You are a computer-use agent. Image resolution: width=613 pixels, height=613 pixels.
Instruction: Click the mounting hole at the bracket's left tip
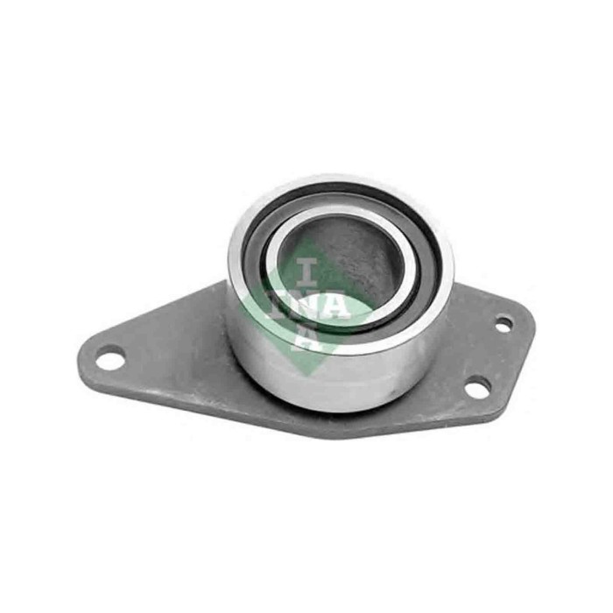pos(109,357)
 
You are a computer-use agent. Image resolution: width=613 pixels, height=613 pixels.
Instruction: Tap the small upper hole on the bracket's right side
pos(504,324)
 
